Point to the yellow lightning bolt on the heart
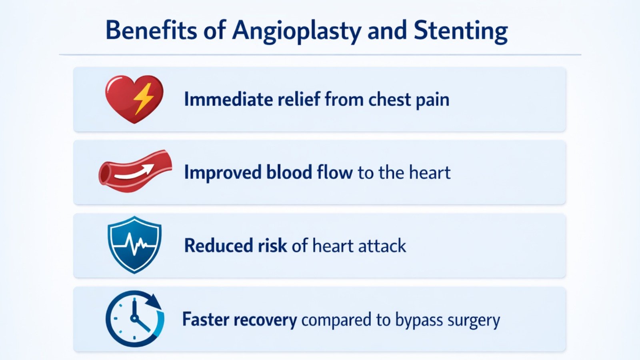click(143, 98)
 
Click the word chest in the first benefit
click(389, 99)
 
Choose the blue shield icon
click(134, 244)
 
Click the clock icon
click(134, 319)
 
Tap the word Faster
click(205, 320)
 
